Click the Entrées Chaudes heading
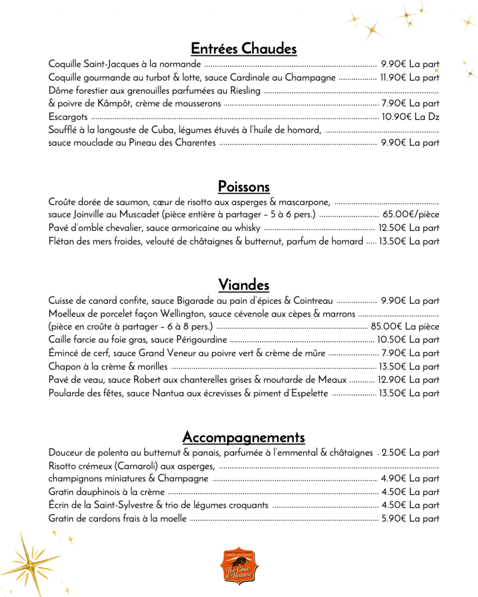point(244,49)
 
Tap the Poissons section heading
point(244,187)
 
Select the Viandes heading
point(244,285)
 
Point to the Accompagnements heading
point(244,438)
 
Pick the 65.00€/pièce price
point(411,214)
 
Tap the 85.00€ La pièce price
point(405,326)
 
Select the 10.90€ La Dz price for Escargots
point(410,117)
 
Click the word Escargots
point(68,117)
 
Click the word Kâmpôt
point(114,104)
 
